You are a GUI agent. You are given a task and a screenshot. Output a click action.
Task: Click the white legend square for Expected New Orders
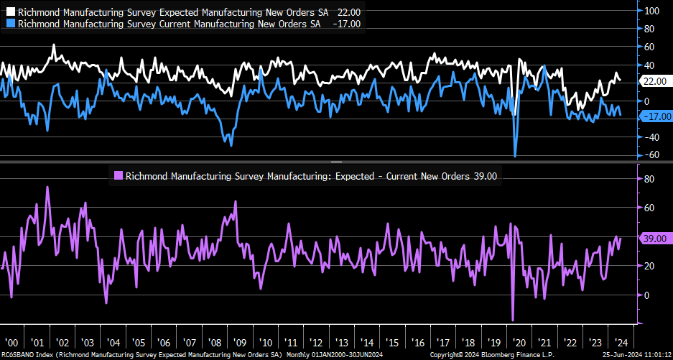(x=9, y=11)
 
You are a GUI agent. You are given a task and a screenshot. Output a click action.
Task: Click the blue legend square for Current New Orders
(x=9, y=24)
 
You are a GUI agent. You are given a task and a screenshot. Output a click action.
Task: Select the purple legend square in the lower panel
(x=119, y=175)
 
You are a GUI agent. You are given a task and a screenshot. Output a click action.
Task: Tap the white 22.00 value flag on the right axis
(x=654, y=81)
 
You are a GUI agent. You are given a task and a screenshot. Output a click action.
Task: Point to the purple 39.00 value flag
(x=656, y=238)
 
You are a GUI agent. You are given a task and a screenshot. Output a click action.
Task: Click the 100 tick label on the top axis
(x=652, y=11)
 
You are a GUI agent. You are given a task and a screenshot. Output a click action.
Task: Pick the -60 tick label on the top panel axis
(x=652, y=154)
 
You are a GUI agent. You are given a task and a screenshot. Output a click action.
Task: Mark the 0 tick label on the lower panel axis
(x=647, y=295)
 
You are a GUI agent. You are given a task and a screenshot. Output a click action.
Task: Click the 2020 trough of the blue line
(x=515, y=156)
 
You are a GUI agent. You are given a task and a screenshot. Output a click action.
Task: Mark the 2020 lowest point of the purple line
(x=514, y=320)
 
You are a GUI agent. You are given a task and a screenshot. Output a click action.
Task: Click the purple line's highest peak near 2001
(x=47, y=187)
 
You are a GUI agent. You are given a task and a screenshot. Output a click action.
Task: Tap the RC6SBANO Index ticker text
(x=25, y=355)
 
